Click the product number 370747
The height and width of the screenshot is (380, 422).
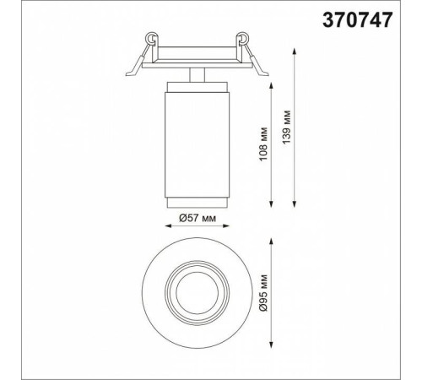pyautogui.click(x=357, y=20)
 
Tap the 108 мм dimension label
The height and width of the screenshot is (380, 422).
pyautogui.click(x=263, y=144)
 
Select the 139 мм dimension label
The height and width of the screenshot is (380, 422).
pyautogui.click(x=286, y=128)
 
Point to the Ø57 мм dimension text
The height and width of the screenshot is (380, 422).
pyautogui.click(x=197, y=218)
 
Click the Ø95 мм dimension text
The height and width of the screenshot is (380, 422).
pyautogui.click(x=263, y=293)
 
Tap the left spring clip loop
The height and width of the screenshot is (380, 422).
pyautogui.click(x=151, y=38)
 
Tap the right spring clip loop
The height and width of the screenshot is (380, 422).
pyautogui.click(x=242, y=38)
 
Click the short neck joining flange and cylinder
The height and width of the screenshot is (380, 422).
pyautogui.click(x=197, y=75)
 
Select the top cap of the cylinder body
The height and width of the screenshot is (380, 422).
pyautogui.click(x=197, y=87)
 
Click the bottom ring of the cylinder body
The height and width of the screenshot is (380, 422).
pyautogui.click(x=197, y=203)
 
